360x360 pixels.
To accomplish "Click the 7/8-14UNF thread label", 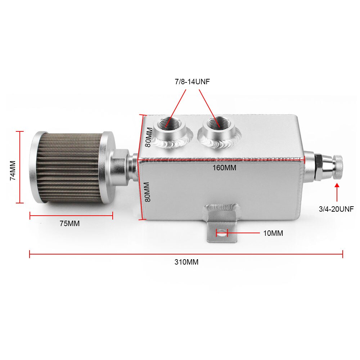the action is tap(192, 82).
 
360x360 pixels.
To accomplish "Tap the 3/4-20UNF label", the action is tap(336, 209).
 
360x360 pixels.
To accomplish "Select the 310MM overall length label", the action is tap(186, 262).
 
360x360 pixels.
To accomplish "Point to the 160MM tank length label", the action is tap(224, 168).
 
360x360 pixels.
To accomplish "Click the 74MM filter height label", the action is tap(13, 170).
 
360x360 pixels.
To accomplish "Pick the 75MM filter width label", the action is tap(70, 224).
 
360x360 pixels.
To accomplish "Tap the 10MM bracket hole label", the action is tap(273, 233).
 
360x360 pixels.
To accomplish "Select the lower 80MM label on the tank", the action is tap(148, 192).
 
